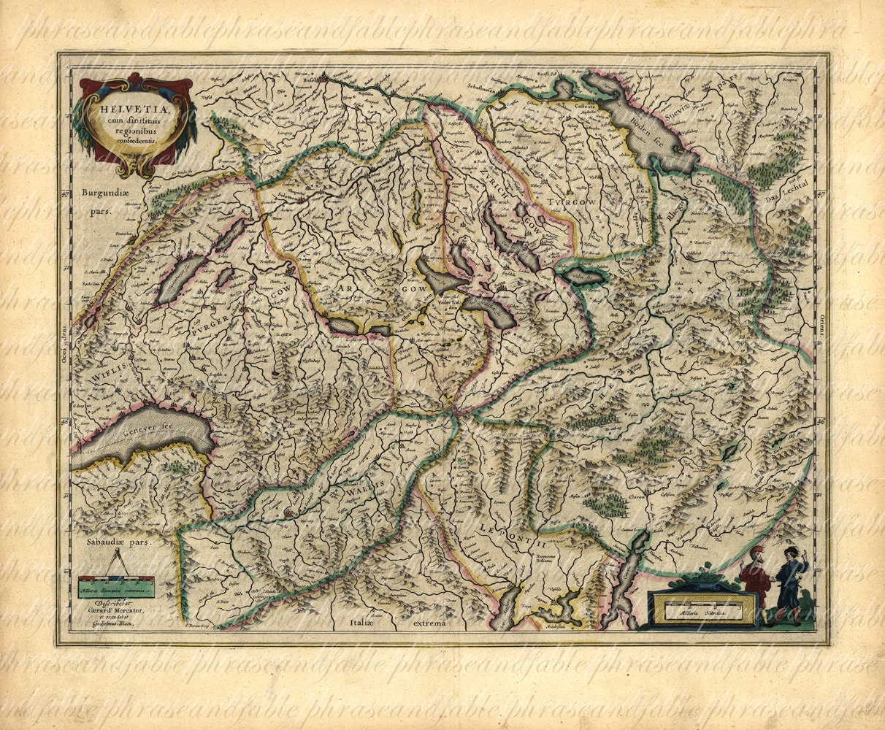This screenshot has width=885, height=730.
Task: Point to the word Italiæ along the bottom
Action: point(361,623)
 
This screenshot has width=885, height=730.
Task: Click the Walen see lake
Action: point(583,277)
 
